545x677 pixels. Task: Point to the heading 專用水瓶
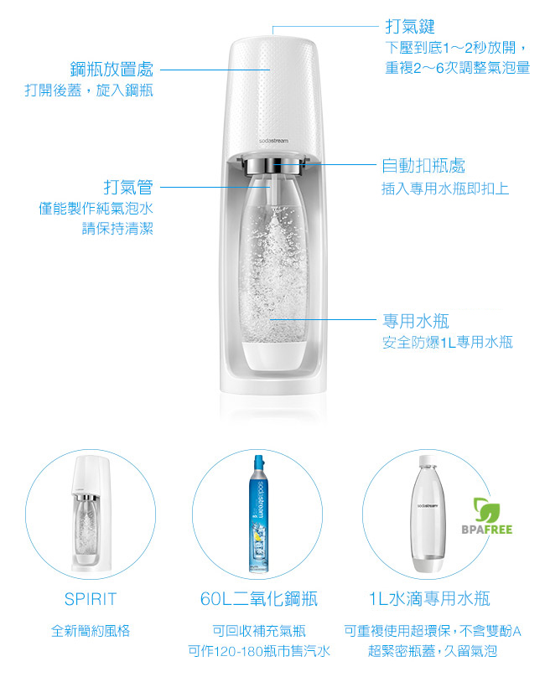(x=417, y=321)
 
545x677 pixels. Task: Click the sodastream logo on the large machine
(x=274, y=140)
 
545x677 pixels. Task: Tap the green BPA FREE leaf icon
(x=486, y=509)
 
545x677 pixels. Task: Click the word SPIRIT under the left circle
(x=91, y=599)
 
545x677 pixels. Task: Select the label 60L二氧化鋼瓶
(x=259, y=599)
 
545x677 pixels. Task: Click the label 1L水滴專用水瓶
(x=430, y=599)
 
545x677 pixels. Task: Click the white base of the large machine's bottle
(x=273, y=353)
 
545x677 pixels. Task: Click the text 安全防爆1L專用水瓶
(x=448, y=342)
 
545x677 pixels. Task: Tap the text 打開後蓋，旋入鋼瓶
(x=88, y=90)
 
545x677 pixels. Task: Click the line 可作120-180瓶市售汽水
(x=259, y=651)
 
